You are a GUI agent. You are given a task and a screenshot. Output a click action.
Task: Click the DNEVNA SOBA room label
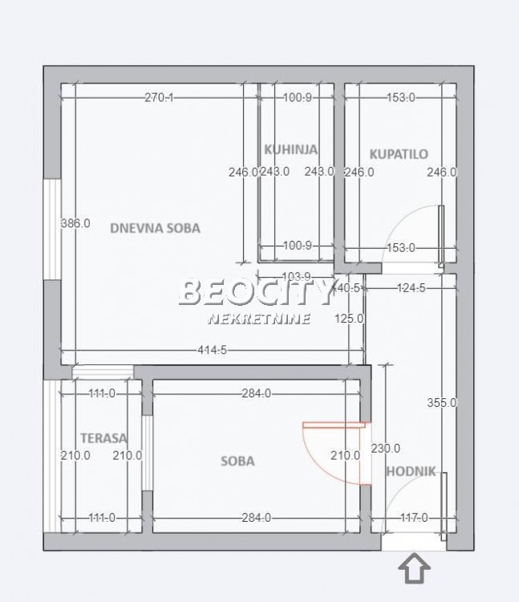[155, 228]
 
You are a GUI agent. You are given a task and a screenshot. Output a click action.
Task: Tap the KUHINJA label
[291, 149]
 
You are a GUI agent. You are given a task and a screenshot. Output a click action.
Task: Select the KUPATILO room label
[399, 154]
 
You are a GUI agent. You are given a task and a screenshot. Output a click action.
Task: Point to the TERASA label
[104, 438]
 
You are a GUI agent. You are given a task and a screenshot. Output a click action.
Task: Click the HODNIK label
[411, 472]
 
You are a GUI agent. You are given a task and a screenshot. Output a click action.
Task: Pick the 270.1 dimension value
[159, 98]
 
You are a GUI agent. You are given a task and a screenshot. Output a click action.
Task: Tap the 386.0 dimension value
[75, 224]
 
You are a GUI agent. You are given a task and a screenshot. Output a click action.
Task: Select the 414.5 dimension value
[211, 350]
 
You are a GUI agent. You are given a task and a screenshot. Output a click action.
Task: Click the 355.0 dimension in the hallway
[442, 403]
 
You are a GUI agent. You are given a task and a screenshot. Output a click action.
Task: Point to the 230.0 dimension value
[386, 449]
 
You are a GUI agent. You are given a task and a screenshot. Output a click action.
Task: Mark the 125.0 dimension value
[350, 318]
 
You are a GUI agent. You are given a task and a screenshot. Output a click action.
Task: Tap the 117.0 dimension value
[414, 518]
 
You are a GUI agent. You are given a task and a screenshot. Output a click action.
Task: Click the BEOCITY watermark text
[255, 293]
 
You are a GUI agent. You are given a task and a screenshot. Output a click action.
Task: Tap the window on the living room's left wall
[51, 229]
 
